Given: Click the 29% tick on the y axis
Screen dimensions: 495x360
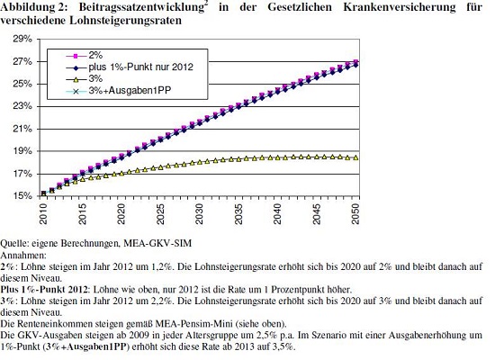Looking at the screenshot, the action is pos(22,39).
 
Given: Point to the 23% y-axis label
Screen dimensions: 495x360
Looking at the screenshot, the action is pos(22,106).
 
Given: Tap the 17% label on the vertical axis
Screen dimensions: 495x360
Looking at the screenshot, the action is pos(22,174).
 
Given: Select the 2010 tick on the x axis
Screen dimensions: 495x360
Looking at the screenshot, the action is pos(43,214).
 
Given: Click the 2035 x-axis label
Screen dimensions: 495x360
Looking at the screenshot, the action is pos(238,214).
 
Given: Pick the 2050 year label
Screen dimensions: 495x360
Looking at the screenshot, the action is pos(355,214).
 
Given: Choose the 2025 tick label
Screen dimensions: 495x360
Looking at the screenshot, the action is pos(160,214).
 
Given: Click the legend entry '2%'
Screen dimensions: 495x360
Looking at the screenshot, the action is pos(95,55).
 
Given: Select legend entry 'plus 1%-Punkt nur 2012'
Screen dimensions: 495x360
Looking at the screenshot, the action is pos(140,67).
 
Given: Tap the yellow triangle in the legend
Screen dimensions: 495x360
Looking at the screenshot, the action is pos(76,79).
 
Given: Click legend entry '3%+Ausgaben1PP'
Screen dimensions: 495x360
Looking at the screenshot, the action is pos(130,91).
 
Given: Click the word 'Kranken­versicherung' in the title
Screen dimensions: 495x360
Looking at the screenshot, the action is pos(400,6).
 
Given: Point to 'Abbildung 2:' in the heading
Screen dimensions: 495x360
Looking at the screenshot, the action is pos(34,7).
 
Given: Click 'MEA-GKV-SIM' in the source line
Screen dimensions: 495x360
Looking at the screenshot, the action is pos(157,244).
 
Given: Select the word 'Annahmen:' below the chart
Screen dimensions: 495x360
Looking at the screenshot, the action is pos(23,255).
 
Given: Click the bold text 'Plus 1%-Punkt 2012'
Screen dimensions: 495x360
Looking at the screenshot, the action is pos(44,289).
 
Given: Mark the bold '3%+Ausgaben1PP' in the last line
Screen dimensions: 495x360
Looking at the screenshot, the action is pos(85,346).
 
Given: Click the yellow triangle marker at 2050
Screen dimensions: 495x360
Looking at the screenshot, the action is pos(355,157).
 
